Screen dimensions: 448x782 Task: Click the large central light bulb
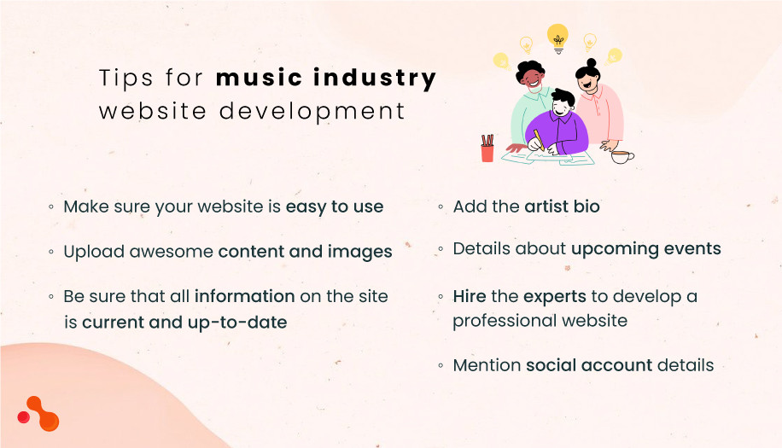(557, 37)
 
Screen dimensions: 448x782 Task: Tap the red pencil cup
(487, 149)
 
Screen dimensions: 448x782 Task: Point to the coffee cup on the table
(622, 156)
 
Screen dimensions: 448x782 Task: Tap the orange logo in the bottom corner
(38, 414)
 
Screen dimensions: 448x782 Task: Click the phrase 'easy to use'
(335, 207)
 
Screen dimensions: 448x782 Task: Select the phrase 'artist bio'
(562, 207)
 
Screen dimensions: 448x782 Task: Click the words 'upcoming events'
(645, 249)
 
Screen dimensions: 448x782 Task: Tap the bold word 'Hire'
(469, 297)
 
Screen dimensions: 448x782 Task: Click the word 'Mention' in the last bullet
(487, 365)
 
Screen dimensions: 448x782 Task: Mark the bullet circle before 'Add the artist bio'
(441, 207)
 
